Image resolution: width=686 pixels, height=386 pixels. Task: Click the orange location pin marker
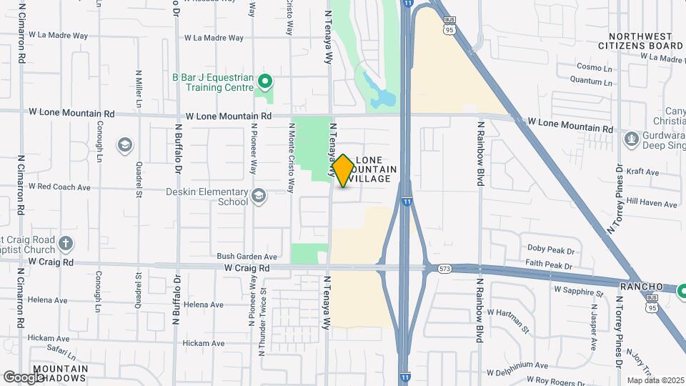pyautogui.click(x=344, y=170)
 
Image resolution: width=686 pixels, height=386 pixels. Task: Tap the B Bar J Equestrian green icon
pyautogui.click(x=266, y=80)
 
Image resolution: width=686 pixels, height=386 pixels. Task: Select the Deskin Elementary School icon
pyautogui.click(x=258, y=195)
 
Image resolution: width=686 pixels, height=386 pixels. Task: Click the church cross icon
pyautogui.click(x=66, y=242)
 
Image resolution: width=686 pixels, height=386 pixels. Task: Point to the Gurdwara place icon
pyautogui.click(x=630, y=137)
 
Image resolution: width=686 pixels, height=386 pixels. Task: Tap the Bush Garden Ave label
pyautogui.click(x=247, y=256)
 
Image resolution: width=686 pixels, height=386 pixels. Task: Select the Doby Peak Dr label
pyautogui.click(x=551, y=248)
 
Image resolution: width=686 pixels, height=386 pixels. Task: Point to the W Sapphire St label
pyautogui.click(x=579, y=292)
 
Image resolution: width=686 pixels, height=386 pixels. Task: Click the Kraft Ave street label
pyautogui.click(x=642, y=172)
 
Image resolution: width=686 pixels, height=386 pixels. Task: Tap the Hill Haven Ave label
pyautogui.click(x=651, y=204)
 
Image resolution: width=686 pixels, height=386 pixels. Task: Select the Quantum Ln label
pyautogui.click(x=594, y=82)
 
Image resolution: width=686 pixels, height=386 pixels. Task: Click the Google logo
pyautogui.click(x=23, y=377)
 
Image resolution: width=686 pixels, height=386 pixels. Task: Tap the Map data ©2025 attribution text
pyautogui.click(x=655, y=380)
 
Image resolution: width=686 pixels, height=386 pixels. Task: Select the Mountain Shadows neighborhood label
pyautogui.click(x=60, y=374)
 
